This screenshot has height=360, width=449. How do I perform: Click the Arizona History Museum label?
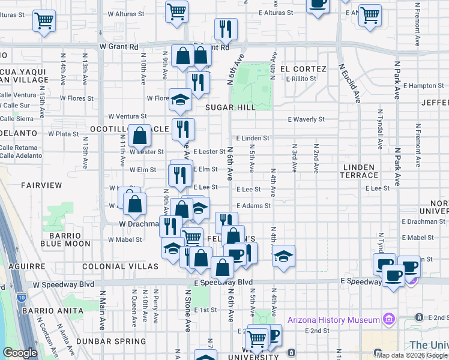[x=333, y=320]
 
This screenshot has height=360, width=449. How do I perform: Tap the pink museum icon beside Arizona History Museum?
[x=388, y=319]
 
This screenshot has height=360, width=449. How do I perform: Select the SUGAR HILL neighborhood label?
[x=231, y=107]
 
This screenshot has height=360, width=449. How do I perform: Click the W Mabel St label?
[x=125, y=239]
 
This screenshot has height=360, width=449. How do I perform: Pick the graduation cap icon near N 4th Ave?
[x=283, y=256]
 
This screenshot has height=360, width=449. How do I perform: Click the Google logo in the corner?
[x=20, y=353]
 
